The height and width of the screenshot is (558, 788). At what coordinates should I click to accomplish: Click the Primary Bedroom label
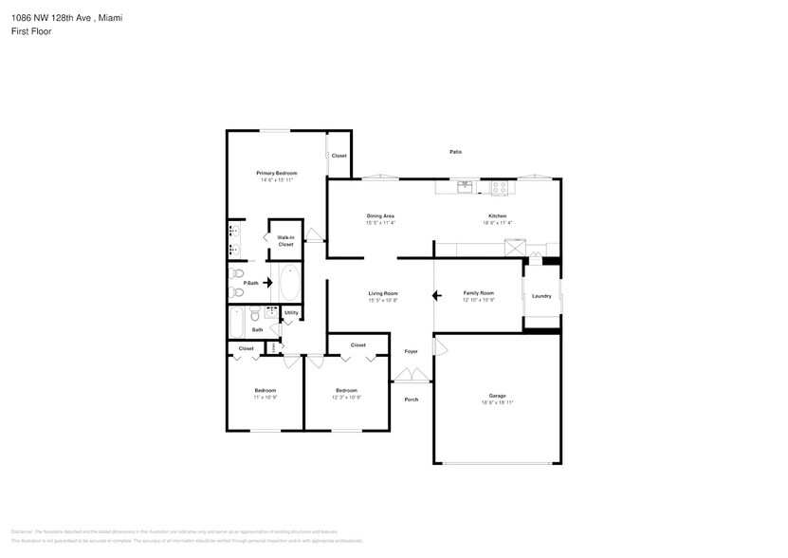point(277,173)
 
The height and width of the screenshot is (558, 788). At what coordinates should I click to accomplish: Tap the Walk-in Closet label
point(285,241)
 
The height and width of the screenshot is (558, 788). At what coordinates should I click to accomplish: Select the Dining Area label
point(380,216)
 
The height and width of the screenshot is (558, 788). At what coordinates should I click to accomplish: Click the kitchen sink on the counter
point(465,187)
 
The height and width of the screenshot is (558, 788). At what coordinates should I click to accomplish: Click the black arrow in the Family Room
point(437,296)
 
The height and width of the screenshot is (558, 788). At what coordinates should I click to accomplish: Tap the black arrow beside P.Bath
point(267,282)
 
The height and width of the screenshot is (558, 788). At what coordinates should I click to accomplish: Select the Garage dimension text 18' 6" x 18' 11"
point(497,403)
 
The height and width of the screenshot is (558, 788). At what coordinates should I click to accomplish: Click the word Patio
point(455,152)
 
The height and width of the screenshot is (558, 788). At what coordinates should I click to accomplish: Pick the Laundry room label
point(541,296)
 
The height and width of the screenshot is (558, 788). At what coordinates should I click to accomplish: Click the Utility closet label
point(291,312)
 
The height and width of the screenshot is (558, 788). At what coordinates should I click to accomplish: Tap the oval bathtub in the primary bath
point(288,282)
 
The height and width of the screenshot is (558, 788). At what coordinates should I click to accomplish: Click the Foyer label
point(411,351)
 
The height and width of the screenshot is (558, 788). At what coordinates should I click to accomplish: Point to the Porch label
point(411,400)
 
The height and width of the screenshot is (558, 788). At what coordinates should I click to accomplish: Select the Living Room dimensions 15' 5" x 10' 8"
point(383,301)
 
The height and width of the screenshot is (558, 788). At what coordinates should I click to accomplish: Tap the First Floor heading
point(31,31)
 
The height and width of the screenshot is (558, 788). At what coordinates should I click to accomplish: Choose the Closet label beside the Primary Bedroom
point(339,156)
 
